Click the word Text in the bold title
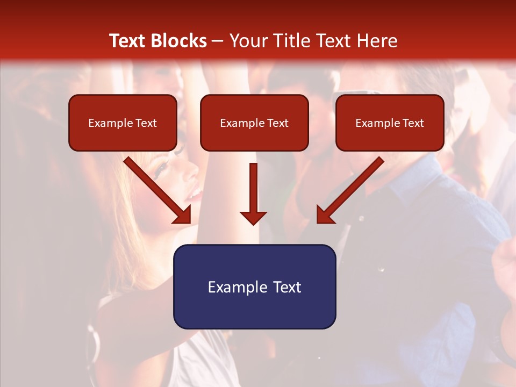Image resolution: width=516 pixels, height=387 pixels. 129,41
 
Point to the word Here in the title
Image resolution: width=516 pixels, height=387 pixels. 376,41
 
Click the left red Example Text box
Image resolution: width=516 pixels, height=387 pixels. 123,123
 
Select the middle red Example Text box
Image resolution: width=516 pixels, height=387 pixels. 254,123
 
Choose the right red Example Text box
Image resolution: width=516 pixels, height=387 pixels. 390,123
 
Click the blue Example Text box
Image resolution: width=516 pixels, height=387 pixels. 254,286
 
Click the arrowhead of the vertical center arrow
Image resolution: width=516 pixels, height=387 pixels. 253,218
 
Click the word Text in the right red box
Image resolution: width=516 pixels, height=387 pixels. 413,123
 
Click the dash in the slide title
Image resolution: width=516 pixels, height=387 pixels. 218,41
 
